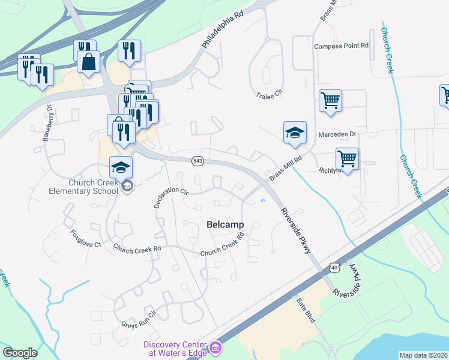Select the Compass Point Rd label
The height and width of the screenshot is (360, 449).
pos(340,46)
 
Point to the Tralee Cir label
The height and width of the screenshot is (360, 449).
pos(269,95)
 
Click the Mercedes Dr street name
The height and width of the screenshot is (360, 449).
pos(337,134)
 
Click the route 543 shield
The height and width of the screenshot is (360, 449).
pos(197,161)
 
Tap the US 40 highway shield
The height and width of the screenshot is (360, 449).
pos(334,265)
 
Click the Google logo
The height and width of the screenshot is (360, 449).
pos(20,353)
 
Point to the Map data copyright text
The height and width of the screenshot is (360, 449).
pos(423,355)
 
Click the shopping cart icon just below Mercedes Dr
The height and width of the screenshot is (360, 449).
pos(347,160)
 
